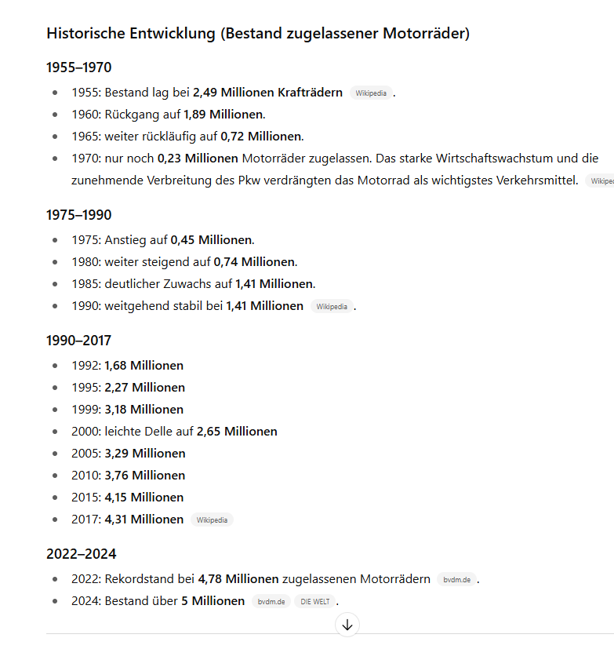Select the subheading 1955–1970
[78, 67]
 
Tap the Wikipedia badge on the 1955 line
[371, 93]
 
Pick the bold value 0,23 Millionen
[198, 159]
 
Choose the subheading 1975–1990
[78, 215]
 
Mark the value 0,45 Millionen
[212, 240]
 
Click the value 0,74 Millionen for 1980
[254, 262]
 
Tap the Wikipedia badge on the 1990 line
[332, 306]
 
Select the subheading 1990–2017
[78, 341]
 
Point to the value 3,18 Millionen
[144, 410]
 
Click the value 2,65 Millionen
[237, 432]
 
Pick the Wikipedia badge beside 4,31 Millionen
[212, 520]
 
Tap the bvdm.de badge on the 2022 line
[456, 579]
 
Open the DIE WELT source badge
[314, 601]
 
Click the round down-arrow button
[347, 625]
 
